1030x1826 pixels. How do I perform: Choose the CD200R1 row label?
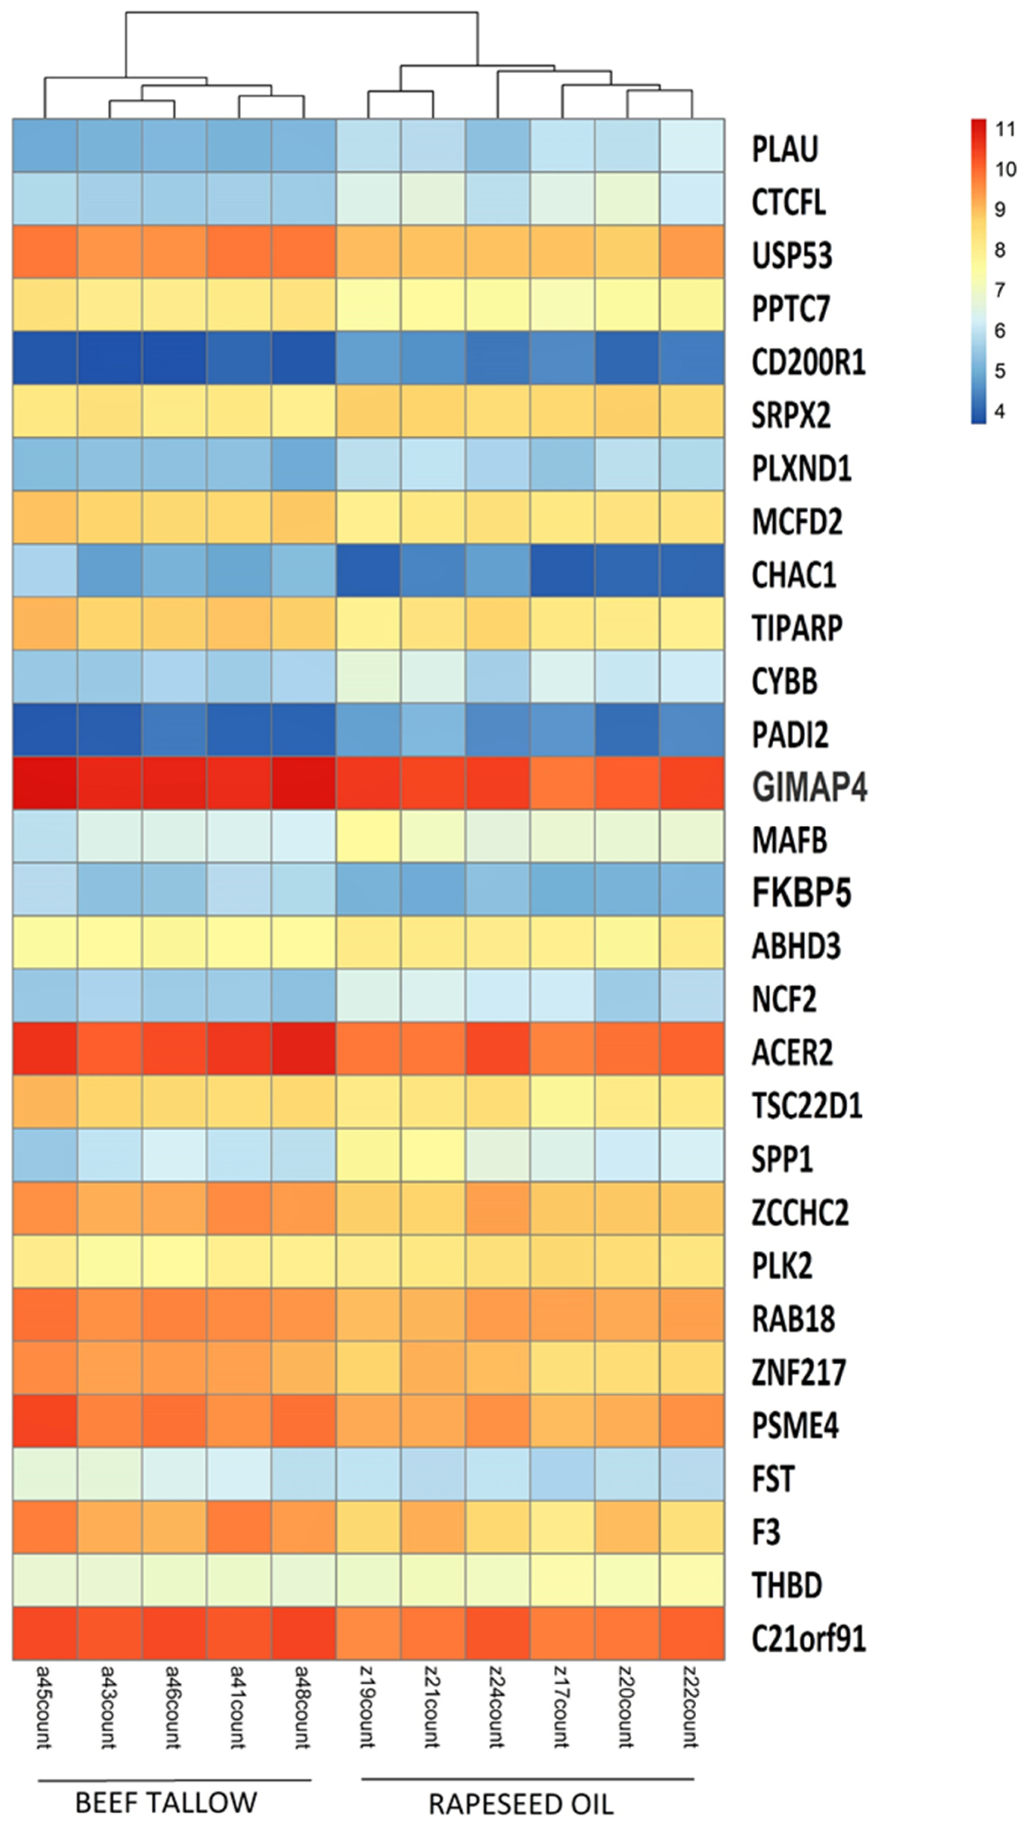point(808,362)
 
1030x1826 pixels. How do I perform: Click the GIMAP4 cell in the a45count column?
point(45,783)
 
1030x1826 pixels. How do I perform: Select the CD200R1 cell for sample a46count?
point(174,358)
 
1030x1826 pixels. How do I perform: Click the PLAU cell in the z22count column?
point(692,145)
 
